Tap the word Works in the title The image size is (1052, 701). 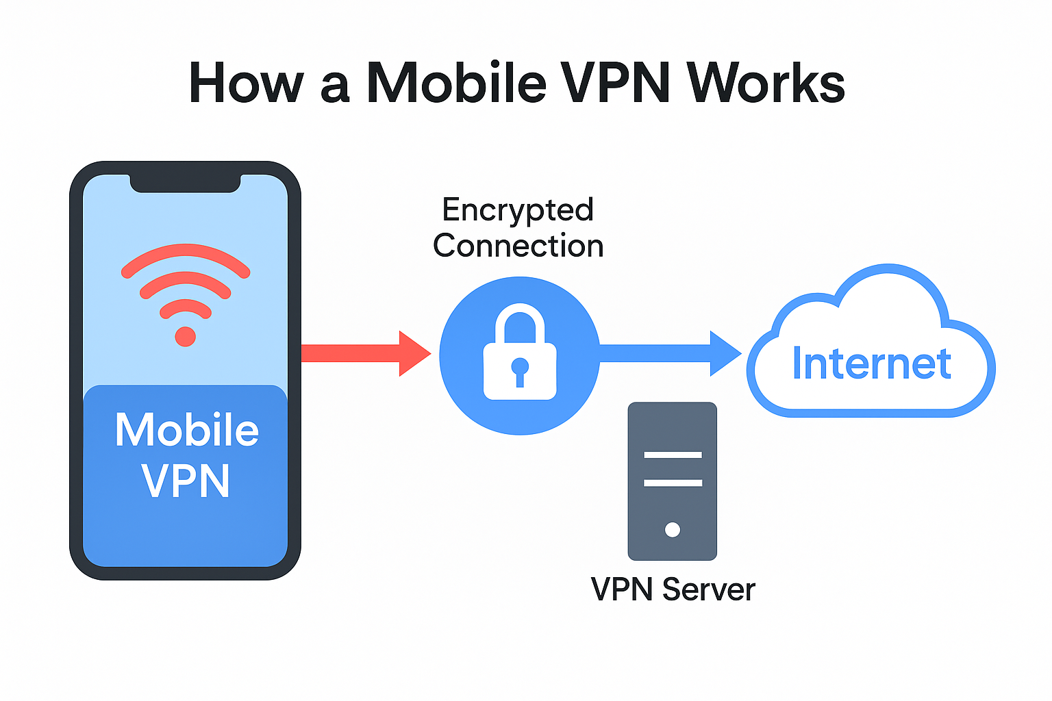coord(766,84)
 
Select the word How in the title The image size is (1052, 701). coord(246,84)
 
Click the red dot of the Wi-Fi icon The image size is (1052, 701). coord(185,336)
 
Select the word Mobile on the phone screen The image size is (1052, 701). coord(186,430)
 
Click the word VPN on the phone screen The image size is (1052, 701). coord(186,481)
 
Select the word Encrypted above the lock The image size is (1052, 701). coord(518,209)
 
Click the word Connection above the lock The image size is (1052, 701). coord(518,246)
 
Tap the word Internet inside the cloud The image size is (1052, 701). coord(871,364)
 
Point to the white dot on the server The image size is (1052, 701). coord(673,529)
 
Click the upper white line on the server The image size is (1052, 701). coord(673,455)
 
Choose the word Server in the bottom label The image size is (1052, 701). coord(708,589)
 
